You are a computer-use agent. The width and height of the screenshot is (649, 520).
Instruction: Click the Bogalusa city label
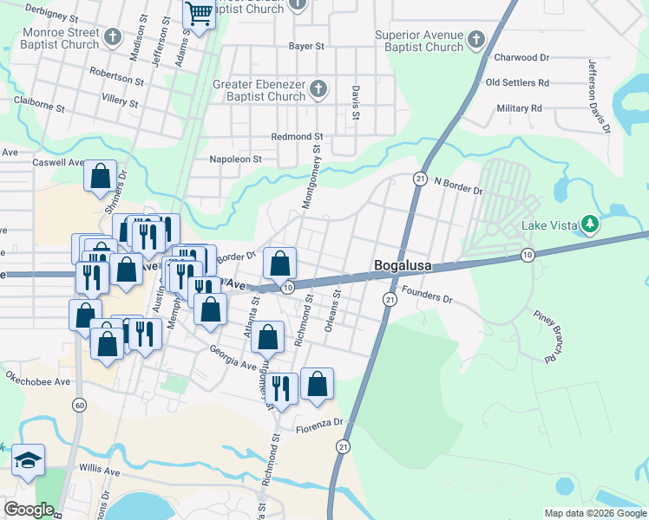coord(403,266)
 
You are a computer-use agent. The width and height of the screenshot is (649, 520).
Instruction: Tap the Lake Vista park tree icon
coord(591,225)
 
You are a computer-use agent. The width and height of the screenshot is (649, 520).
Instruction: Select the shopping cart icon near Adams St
coord(199,14)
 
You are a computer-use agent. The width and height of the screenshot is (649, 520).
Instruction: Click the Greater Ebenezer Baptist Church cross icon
coord(318,88)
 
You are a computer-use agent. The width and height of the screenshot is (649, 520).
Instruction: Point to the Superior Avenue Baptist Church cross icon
coord(475,39)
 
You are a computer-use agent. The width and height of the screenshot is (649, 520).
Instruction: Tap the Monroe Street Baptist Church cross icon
coord(112,36)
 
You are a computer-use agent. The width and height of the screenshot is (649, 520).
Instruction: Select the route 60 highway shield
coord(80,405)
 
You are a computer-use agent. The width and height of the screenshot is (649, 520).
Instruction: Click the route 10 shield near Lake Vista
coord(528,254)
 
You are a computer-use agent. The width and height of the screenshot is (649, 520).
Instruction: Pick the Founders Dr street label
coord(428,298)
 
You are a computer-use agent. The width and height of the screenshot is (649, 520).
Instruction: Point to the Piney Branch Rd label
coord(548,336)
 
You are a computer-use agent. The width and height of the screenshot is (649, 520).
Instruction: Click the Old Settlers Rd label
coord(517,83)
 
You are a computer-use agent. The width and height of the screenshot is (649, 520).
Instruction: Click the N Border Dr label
coord(458,184)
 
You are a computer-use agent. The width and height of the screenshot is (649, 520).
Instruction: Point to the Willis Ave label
coord(100,473)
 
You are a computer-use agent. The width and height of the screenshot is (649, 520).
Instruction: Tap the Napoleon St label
coord(235,159)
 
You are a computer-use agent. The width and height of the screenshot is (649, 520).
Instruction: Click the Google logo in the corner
coord(29,510)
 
